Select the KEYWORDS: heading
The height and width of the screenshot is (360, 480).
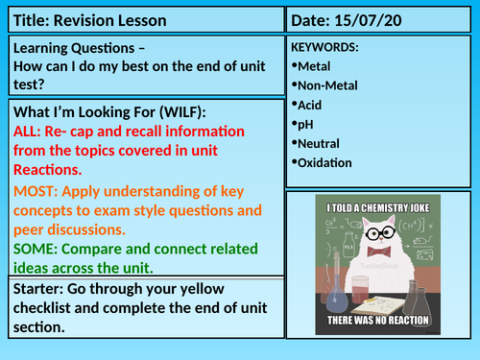(x=326, y=47)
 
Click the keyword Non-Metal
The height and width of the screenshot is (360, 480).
(x=332, y=85)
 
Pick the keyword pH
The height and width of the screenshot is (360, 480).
(x=309, y=124)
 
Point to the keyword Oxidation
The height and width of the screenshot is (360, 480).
(x=330, y=162)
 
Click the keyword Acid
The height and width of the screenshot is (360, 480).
(x=313, y=105)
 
